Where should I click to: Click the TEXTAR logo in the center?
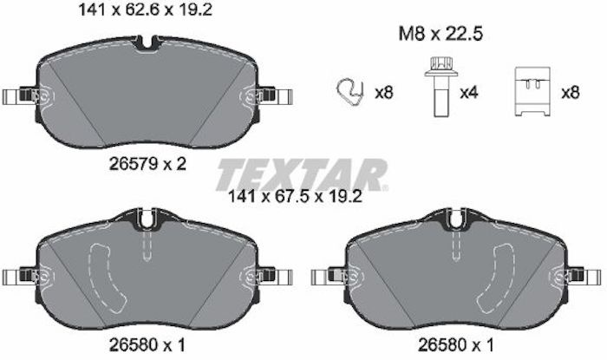tap(302, 174)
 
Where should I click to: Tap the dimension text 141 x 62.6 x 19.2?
tap(146, 10)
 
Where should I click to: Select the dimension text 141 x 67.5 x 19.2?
tap(296, 197)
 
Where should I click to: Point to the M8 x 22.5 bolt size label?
tap(441, 34)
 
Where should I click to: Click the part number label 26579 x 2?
tap(148, 164)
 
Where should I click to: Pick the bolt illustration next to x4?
tap(441, 87)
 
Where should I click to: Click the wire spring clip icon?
tap(350, 92)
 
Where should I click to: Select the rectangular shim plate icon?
tap(532, 91)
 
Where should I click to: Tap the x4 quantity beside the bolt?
tap(469, 93)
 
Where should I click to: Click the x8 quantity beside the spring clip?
tap(383, 93)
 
